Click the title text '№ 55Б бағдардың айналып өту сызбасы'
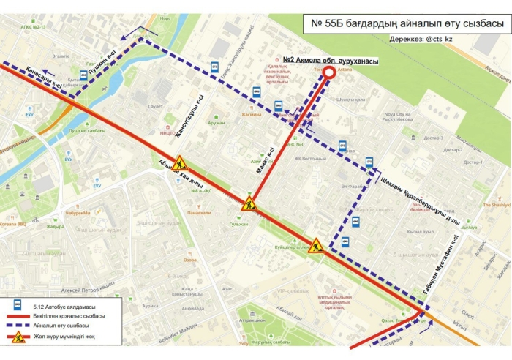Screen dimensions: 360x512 coord(407,24)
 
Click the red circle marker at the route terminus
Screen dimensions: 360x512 coord(330,72)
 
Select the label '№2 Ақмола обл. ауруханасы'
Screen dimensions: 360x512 coord(331,61)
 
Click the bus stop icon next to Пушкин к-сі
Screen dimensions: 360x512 coord(83,75)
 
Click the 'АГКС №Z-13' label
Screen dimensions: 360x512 coord(32,27)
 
